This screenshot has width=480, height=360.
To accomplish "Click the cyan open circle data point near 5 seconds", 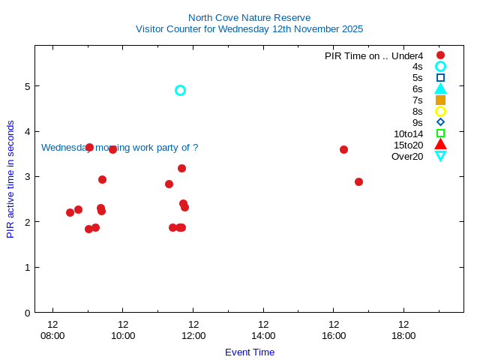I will (180, 90).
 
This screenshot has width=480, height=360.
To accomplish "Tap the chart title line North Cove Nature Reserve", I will (249, 17).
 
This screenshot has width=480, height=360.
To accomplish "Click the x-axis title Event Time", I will (249, 352).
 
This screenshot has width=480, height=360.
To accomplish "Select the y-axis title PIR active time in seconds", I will (10, 178).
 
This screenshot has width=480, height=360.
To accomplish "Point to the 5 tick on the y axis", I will (27, 86).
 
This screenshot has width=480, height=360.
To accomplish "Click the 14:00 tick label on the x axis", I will (263, 335).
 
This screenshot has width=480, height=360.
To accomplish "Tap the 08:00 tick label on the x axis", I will (52, 335).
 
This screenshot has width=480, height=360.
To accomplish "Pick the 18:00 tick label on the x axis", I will (403, 335).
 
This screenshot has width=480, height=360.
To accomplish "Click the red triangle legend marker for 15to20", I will (440, 145).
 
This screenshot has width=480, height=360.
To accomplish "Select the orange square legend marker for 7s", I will (440, 100).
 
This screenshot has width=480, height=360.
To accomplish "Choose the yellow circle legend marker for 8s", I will (440, 111).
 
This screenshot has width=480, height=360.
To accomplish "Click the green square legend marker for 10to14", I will (440, 133).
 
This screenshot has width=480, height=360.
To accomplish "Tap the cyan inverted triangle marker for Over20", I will (440, 156).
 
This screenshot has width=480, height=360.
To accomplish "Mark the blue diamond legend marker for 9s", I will (440, 122).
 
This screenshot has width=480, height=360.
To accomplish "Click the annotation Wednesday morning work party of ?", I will (119, 148).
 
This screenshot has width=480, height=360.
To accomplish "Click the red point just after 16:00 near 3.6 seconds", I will (343, 149).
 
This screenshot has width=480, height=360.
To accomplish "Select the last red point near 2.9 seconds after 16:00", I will (358, 181).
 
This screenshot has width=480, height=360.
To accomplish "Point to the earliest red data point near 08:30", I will (70, 212).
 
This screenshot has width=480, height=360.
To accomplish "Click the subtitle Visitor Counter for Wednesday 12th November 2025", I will (249, 28).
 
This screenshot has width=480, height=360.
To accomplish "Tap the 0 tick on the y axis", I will (27, 313).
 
